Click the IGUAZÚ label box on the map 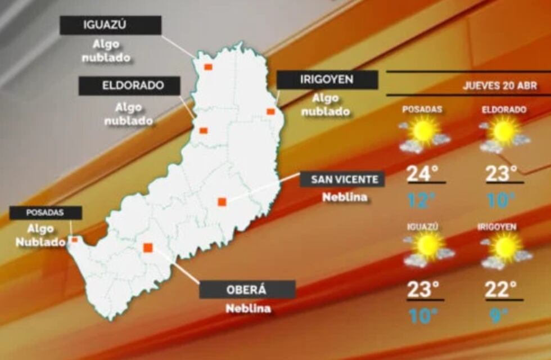[x=110, y=25]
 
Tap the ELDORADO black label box [x=129, y=86]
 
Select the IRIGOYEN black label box [x=327, y=80]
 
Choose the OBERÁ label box [x=247, y=290]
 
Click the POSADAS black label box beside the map [x=46, y=213]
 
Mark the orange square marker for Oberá [x=148, y=247]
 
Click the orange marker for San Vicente [x=222, y=201]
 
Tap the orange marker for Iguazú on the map [x=208, y=67]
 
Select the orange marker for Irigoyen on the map [x=270, y=111]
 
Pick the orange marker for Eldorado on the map [x=204, y=130]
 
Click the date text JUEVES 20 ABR [x=500, y=86]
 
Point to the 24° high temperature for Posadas [x=423, y=174]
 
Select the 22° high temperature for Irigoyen [x=501, y=290]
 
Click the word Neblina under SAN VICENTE [x=345, y=197]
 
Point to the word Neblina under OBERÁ [x=248, y=308]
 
